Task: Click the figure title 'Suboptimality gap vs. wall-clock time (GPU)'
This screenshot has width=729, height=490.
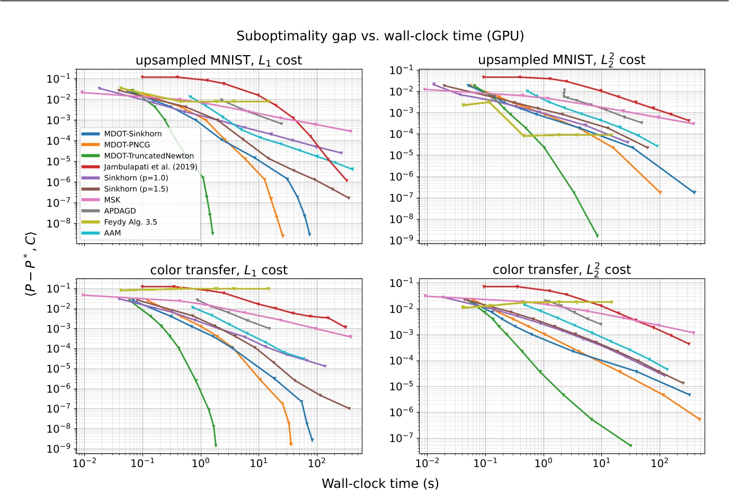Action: tap(380, 36)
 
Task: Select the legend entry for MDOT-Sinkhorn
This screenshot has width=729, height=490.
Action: tap(132, 134)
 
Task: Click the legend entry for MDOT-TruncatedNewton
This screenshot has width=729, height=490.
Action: tap(148, 156)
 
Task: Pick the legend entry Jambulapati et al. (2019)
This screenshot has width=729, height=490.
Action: tap(150, 167)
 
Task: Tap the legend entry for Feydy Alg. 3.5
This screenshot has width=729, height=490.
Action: tap(130, 222)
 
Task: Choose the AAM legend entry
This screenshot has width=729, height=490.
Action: tap(112, 233)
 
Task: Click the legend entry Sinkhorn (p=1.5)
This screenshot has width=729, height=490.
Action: tap(136, 189)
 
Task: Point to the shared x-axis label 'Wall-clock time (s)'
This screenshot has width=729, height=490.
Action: tap(380, 483)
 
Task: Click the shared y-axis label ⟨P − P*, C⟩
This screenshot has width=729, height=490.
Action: tap(31, 263)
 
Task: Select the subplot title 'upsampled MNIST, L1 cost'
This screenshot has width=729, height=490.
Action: tap(219, 60)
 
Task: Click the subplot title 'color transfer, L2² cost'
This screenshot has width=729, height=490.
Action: tap(562, 269)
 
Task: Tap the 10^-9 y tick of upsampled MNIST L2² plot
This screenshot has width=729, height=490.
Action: tap(402, 240)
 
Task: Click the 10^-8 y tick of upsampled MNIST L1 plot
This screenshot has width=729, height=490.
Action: tap(58, 223)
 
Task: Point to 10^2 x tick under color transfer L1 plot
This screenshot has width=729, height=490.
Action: tap(316, 463)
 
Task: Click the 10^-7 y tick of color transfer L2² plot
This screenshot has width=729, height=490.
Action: tap(402, 438)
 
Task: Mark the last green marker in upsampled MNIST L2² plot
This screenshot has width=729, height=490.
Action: tap(598, 235)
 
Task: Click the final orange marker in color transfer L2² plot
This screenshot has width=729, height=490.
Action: tap(699, 419)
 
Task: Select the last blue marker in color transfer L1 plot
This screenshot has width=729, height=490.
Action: tap(312, 440)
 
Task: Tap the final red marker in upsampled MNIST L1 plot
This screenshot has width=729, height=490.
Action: tap(346, 180)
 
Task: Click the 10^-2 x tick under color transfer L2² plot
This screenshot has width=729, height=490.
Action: tap(427, 463)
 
